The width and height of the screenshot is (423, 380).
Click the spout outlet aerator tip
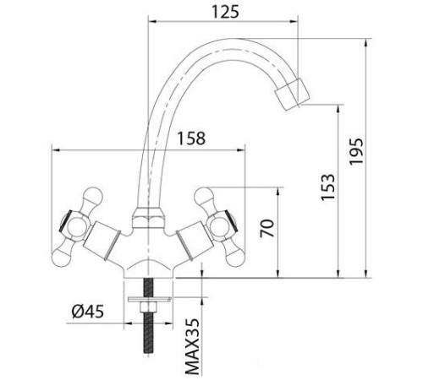[294, 90]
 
